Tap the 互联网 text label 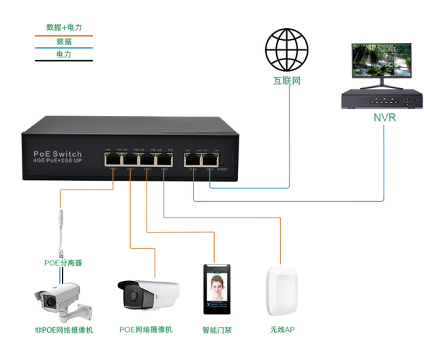coord(287,81)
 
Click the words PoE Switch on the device coord(58,154)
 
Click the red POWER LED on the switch coord(223,164)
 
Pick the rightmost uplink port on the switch coord(210,161)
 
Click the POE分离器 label coord(63,262)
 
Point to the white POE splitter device coord(63,228)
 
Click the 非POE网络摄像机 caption coord(63,330)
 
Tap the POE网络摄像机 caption coord(146,330)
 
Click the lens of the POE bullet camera coord(130,296)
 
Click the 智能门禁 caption coord(217,331)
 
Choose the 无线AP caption coord(282,330)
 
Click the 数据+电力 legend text coord(64,27)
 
